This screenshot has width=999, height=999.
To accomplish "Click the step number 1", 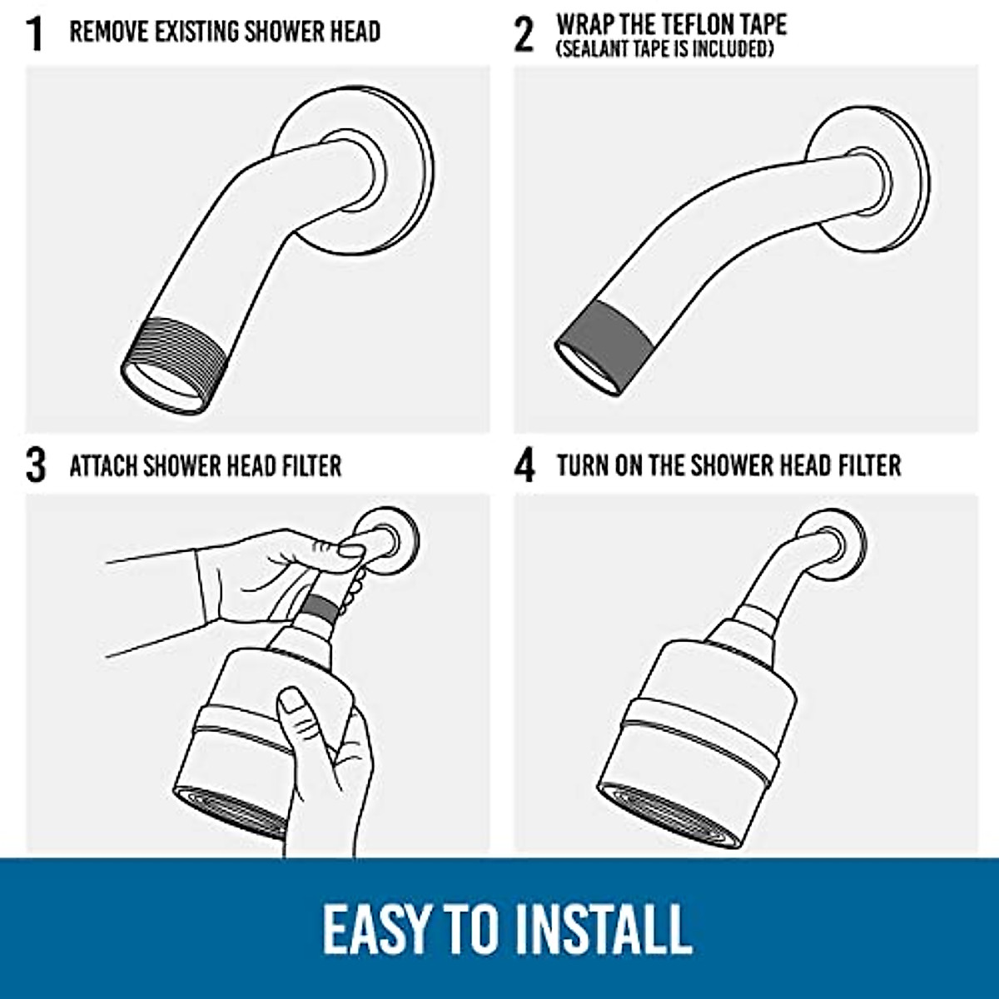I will (34, 32).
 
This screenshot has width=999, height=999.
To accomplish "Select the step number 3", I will (35, 465).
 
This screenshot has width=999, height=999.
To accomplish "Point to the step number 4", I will (524, 465).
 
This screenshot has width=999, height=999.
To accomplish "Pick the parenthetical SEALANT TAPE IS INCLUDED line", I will (665, 50).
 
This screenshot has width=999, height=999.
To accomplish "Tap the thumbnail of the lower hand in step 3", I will (293, 703).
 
